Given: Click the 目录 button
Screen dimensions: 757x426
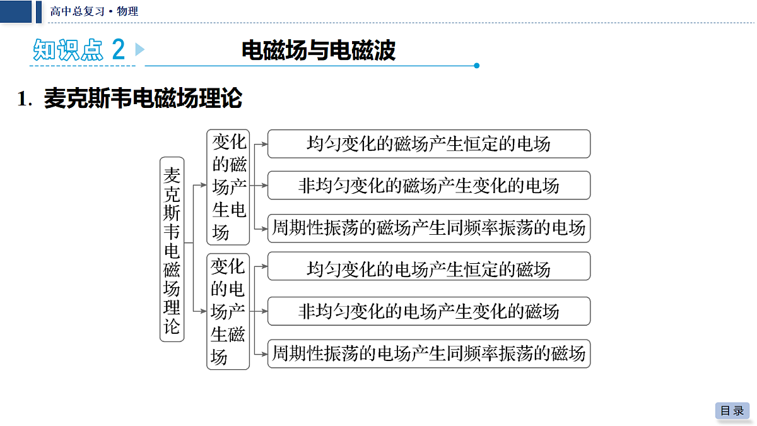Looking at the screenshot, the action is tap(732, 410).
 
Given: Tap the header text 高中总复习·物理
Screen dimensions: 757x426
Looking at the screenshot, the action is tap(94, 11).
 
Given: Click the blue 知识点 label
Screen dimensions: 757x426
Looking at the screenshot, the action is tap(68, 50).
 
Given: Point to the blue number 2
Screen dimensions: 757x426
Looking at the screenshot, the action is tap(119, 49).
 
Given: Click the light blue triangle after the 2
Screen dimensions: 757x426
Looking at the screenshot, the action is tap(139, 49).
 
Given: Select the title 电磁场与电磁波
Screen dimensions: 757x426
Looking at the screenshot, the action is tap(319, 50).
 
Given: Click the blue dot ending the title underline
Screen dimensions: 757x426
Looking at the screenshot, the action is tap(476, 66).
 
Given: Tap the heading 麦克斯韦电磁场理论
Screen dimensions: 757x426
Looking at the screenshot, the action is tap(143, 98).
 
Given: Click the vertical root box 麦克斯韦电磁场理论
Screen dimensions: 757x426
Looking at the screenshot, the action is tap(172, 249).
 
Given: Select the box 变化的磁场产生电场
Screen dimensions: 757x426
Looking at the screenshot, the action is tap(228, 187).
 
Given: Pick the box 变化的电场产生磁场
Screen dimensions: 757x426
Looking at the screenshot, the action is tap(228, 311).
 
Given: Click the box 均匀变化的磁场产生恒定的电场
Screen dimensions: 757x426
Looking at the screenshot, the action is tap(429, 144).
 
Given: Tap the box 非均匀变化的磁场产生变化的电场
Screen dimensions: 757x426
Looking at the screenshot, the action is tap(429, 186).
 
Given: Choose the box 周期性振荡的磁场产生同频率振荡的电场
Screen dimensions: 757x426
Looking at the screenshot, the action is tap(429, 228).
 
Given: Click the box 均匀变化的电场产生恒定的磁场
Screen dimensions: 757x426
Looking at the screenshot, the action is tap(429, 266).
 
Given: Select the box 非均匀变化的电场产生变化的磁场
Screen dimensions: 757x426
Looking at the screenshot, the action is tap(429, 311).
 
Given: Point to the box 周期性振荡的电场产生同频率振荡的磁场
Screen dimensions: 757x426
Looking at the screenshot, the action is tap(429, 353).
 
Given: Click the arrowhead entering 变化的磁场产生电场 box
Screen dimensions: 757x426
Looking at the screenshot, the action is tap(203, 185).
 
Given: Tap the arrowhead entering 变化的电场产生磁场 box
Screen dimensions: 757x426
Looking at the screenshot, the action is tap(203, 311).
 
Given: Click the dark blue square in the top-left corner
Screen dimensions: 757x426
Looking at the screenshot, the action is tap(16, 11).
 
